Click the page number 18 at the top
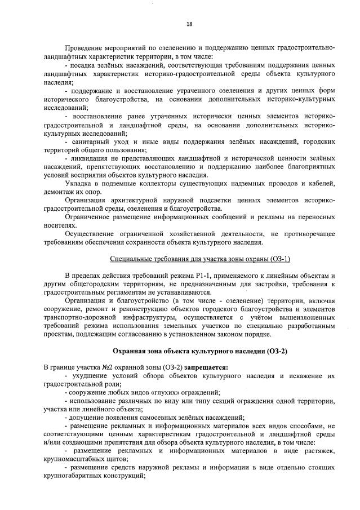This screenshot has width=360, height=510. click(189, 24)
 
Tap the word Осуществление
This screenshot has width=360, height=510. click(92, 233)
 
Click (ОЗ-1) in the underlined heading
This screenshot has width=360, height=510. click(278, 259)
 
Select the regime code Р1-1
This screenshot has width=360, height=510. click(208, 276)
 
